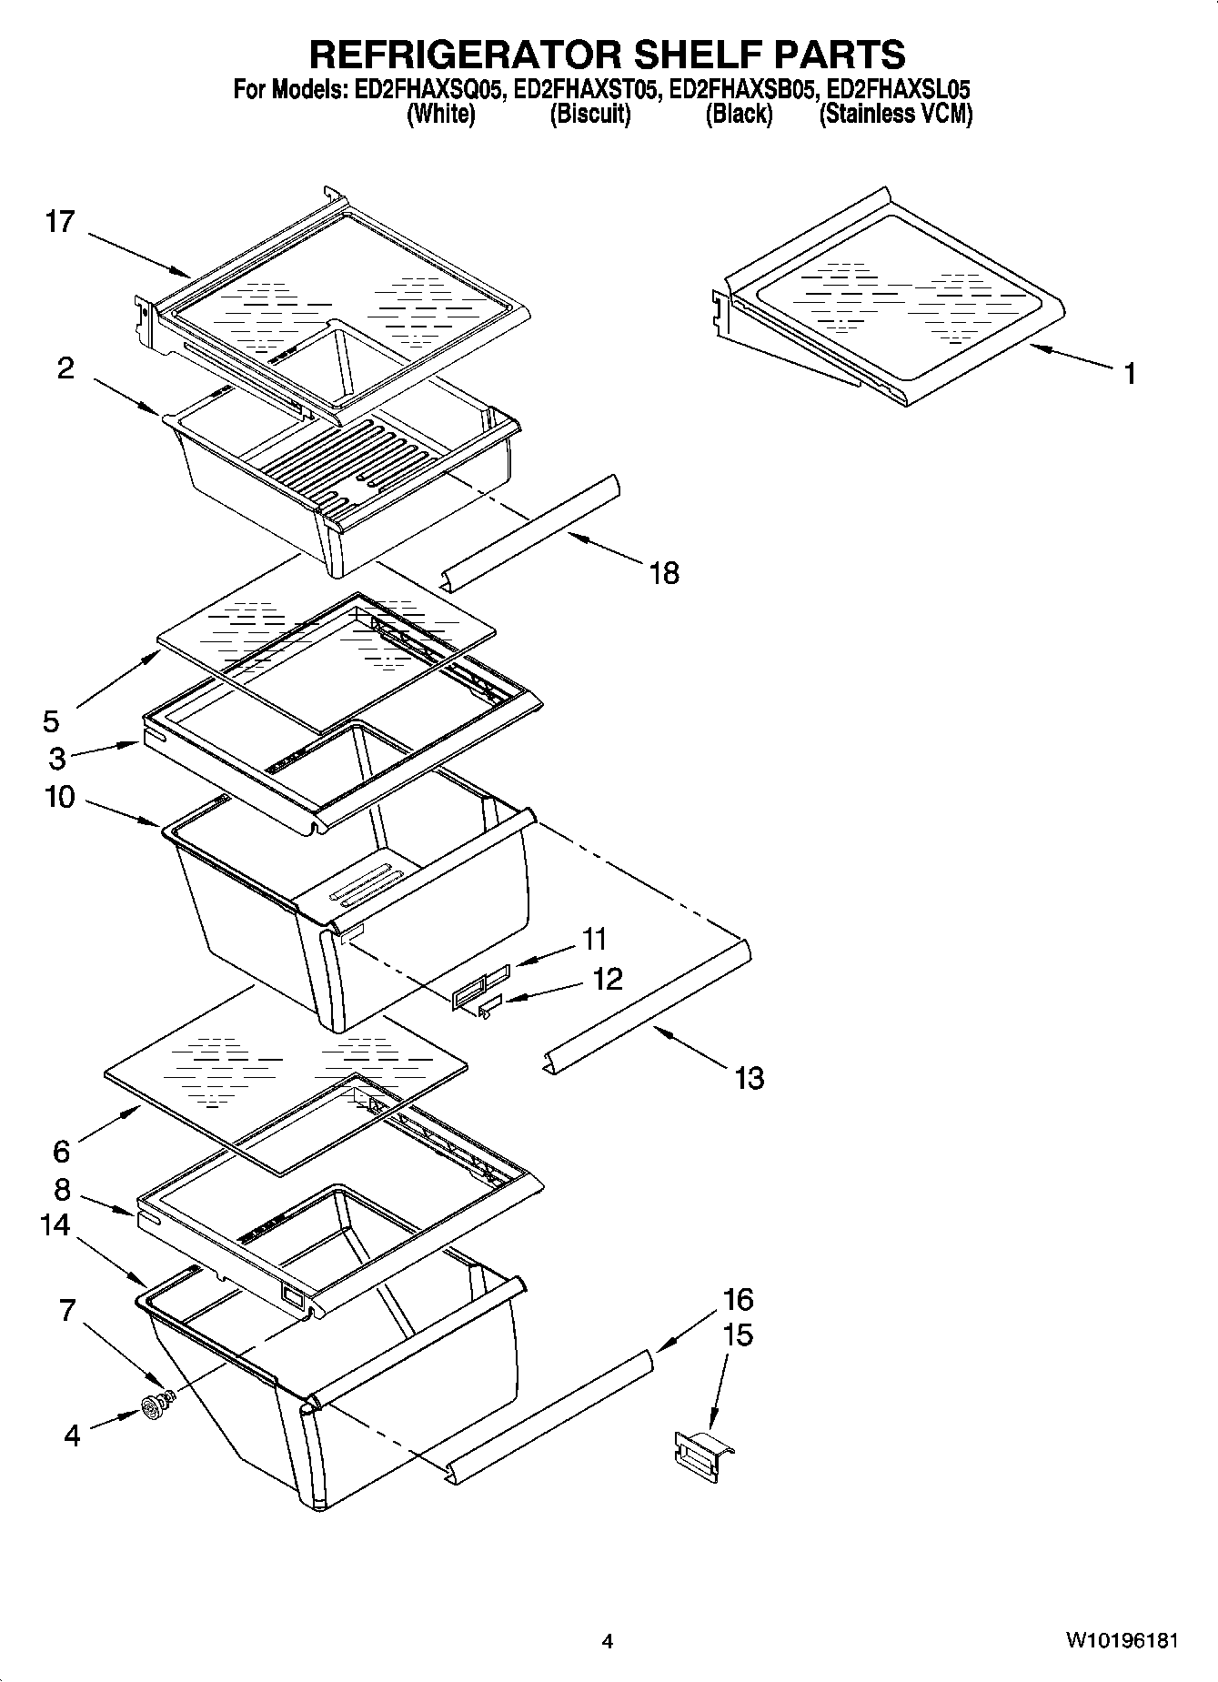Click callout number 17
(x=60, y=222)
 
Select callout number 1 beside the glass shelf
(x=1129, y=373)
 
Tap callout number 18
(x=665, y=573)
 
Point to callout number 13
(x=749, y=1078)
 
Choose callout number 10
(x=59, y=798)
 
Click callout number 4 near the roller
(x=72, y=1435)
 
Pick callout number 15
(x=738, y=1335)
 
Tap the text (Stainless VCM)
(x=896, y=115)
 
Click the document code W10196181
(x=1122, y=1642)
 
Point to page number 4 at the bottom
(x=608, y=1642)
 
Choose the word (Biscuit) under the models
(x=590, y=115)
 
